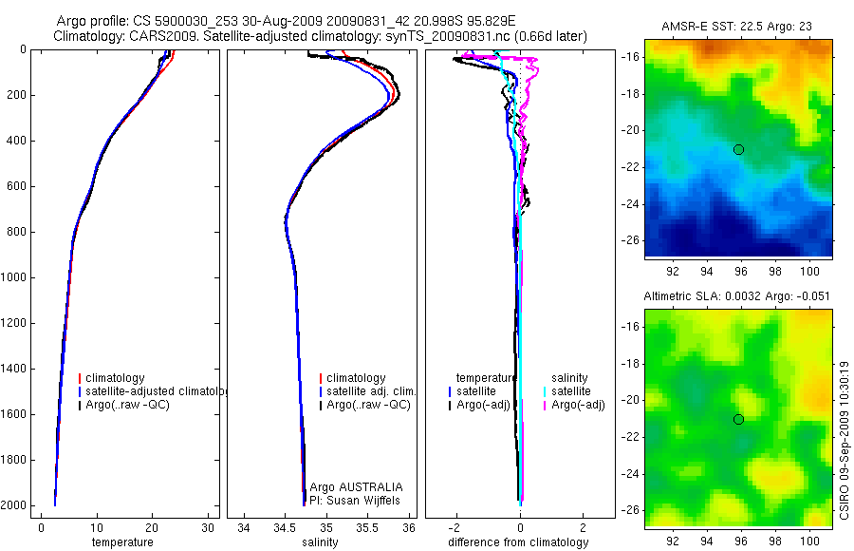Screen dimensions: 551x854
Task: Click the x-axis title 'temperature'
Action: click(x=121, y=542)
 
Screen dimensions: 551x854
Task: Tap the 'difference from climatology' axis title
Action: click(x=517, y=542)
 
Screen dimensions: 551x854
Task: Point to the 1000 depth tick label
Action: click(x=14, y=277)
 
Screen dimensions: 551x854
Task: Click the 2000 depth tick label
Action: click(x=14, y=505)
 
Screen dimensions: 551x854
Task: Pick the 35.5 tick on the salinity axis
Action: click(x=368, y=527)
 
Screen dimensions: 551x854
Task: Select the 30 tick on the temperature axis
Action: click(x=208, y=527)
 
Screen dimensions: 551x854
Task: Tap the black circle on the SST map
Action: click(x=738, y=149)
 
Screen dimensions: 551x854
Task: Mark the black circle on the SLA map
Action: click(x=738, y=419)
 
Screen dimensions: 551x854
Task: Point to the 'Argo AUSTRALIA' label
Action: click(x=356, y=486)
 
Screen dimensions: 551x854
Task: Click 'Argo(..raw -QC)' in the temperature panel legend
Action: click(x=127, y=406)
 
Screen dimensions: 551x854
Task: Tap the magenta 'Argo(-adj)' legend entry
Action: click(x=579, y=406)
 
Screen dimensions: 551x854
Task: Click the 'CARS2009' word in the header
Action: click(x=154, y=36)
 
